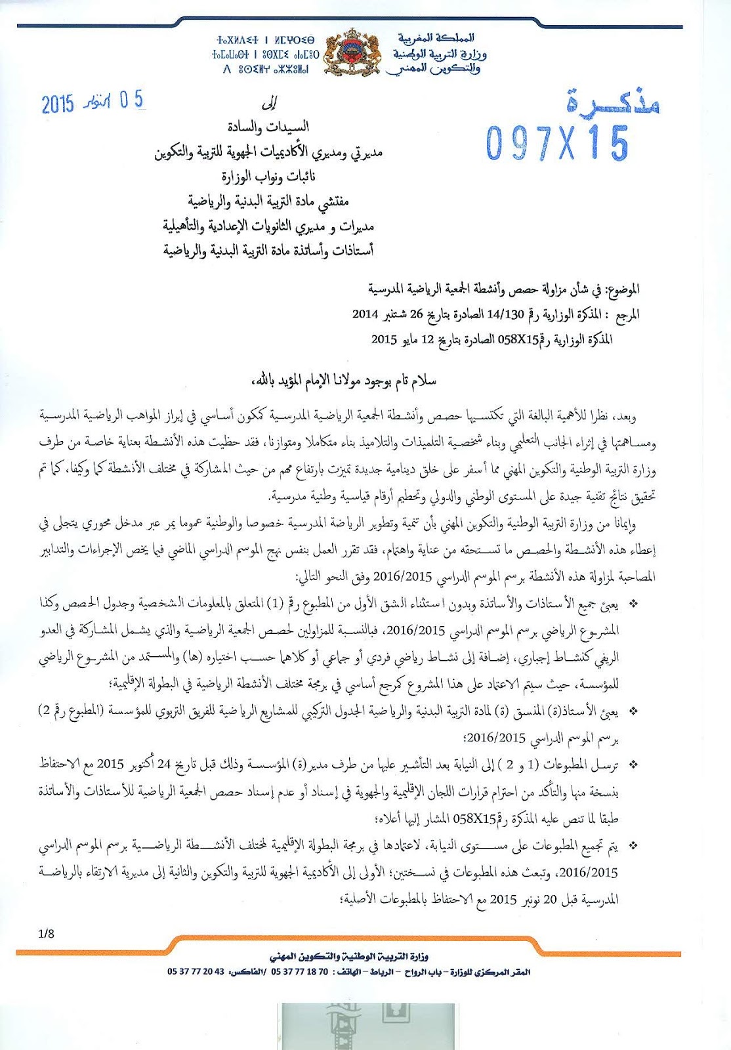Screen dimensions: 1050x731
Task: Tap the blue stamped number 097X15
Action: click(x=556, y=142)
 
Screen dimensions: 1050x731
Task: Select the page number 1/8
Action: click(x=47, y=933)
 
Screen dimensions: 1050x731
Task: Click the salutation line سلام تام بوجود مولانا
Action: click(x=343, y=380)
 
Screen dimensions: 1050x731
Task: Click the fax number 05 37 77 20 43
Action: click(x=196, y=972)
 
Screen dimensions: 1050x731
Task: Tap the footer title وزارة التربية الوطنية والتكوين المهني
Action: click(x=349, y=957)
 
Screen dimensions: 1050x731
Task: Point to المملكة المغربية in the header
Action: click(x=436, y=38)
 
